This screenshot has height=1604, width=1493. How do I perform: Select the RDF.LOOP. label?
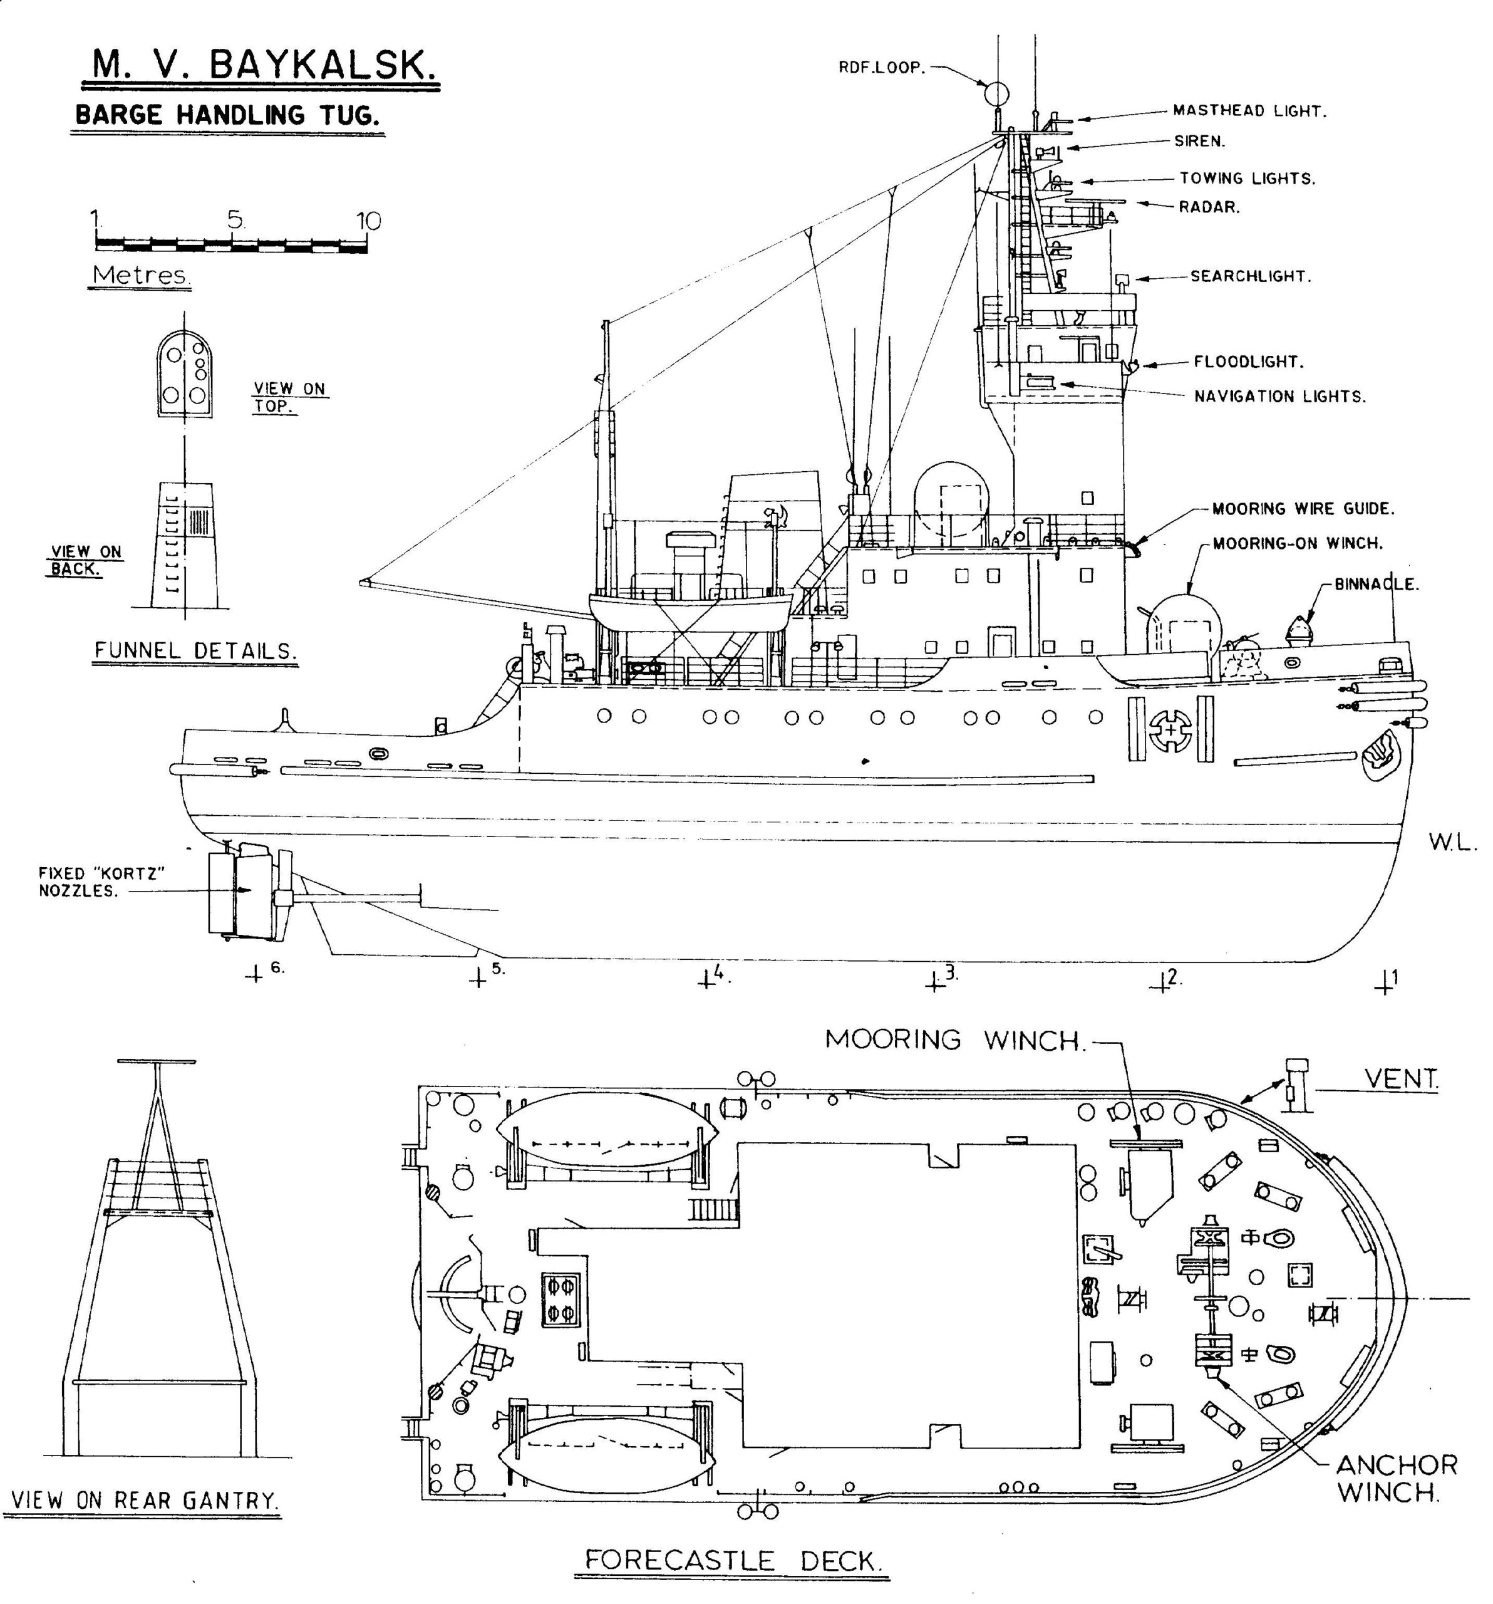pyautogui.click(x=880, y=68)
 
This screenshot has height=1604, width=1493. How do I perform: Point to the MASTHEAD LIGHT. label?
pyautogui.click(x=1249, y=112)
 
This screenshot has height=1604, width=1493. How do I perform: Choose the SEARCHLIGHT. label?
pyautogui.click(x=1249, y=276)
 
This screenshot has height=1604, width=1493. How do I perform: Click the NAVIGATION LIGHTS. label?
pyautogui.click(x=1279, y=396)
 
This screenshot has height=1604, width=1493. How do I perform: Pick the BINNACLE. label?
pyautogui.click(x=1376, y=584)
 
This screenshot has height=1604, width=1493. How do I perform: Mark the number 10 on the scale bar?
pyautogui.click(x=368, y=221)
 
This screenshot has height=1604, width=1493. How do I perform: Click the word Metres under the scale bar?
pyautogui.click(x=141, y=275)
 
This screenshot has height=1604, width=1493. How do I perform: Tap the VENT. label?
pyautogui.click(x=1400, y=1078)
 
